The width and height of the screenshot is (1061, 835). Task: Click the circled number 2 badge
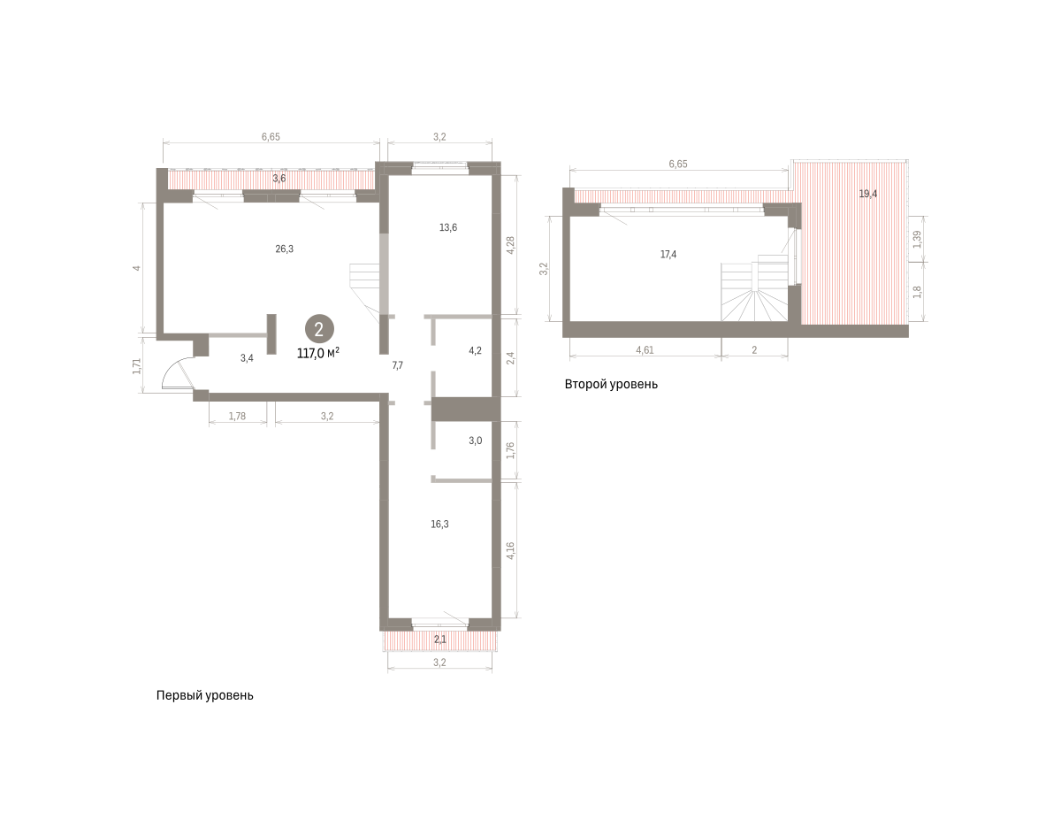point(319,329)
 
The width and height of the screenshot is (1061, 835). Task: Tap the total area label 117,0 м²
point(318,353)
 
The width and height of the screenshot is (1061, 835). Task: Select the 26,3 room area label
point(284,249)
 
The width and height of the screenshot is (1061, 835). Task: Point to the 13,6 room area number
point(447,227)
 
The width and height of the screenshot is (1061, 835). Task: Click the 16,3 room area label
point(439,524)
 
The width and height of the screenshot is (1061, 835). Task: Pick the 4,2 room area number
point(475,350)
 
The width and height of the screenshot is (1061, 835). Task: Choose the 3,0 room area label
point(475,440)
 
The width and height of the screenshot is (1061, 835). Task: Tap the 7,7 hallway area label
point(397,365)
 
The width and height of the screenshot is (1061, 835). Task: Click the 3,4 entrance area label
point(247,358)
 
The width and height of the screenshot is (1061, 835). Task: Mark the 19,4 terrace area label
point(867,194)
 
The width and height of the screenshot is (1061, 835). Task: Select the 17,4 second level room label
point(668,255)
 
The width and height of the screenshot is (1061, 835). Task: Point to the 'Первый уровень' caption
point(204,695)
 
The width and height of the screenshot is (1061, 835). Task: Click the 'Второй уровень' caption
point(611,384)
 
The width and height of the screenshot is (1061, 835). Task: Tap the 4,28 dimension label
point(510,245)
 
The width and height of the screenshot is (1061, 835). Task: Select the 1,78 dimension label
point(237,417)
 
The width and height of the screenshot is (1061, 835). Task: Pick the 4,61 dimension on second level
point(645,350)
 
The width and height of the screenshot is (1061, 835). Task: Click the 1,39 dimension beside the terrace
point(917,239)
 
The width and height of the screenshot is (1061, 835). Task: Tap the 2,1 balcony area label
point(439,640)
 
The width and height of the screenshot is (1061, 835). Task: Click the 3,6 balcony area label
point(279,178)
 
